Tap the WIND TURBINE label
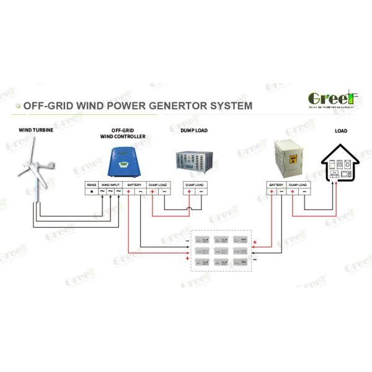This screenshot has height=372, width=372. (x=33, y=131)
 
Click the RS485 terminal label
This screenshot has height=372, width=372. (x=92, y=185)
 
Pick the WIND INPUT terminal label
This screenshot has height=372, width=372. (x=112, y=185)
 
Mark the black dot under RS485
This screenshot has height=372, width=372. (x=92, y=192)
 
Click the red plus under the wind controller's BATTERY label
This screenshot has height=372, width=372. (x=128, y=192)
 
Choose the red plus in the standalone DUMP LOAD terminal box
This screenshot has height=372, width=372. (x=189, y=192)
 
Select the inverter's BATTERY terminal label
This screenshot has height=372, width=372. (x=276, y=185)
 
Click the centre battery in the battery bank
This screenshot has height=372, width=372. (x=221, y=251)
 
